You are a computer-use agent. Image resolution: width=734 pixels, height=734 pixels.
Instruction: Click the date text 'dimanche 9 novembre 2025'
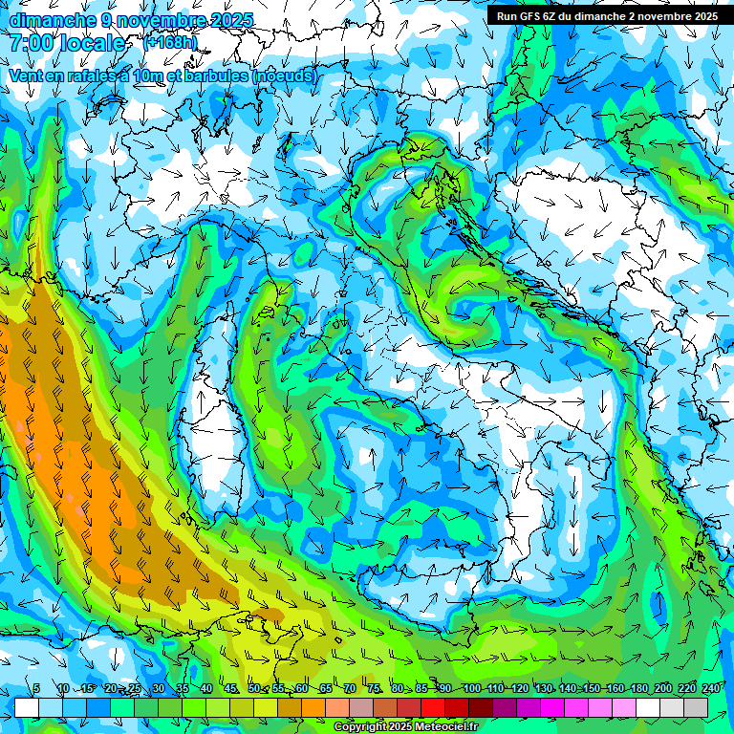click(131, 20)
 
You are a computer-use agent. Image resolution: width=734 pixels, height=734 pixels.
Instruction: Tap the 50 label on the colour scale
click(253, 689)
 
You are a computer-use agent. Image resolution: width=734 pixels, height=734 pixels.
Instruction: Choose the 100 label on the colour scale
click(471, 689)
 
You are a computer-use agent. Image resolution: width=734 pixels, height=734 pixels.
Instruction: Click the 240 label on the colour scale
click(709, 689)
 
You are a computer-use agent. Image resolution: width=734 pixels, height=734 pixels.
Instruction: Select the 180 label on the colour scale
click(637, 689)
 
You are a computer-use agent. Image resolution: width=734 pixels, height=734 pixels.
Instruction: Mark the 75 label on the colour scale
click(374, 689)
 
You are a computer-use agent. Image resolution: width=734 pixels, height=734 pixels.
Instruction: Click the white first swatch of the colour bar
click(27, 707)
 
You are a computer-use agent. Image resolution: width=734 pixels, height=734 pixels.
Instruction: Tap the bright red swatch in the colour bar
click(433, 707)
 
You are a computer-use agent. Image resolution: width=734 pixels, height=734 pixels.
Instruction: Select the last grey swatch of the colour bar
click(696, 707)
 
